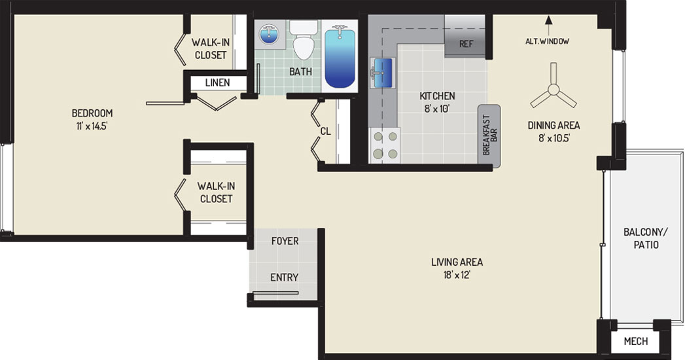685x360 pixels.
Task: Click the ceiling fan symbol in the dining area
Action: (553, 90)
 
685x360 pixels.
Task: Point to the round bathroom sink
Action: (268, 34)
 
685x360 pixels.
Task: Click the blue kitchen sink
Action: (383, 73)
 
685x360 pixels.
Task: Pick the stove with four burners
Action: (385, 145)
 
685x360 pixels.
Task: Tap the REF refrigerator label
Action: (466, 44)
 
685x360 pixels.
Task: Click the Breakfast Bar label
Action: (489, 135)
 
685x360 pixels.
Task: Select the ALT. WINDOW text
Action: (548, 41)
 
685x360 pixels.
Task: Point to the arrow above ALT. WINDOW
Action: (549, 26)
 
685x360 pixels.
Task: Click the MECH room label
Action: (636, 341)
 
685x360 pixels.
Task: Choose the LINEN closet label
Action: (218, 82)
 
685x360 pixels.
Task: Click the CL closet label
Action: (325, 131)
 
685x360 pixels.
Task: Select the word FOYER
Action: (285, 241)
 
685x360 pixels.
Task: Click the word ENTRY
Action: (285, 278)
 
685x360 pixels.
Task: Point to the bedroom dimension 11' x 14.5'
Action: (92, 127)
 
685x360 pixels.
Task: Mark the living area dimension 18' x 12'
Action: (457, 276)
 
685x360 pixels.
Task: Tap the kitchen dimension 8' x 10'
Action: (437, 109)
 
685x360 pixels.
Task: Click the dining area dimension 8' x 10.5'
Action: (554, 138)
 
